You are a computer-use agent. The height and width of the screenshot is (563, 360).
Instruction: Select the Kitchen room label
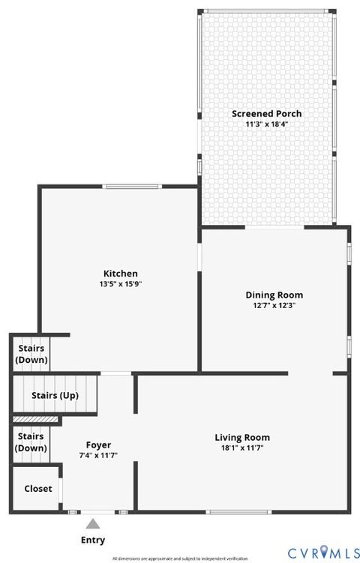[x=120, y=274]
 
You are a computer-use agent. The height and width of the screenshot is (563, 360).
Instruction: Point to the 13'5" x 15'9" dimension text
[x=120, y=284]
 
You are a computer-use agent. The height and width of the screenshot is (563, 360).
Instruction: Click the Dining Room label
[x=274, y=295]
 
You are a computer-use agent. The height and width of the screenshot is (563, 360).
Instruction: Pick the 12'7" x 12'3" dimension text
[x=274, y=305]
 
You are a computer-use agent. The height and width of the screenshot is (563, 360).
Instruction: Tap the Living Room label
[x=242, y=437]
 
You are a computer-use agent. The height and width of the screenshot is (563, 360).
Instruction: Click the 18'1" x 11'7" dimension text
[x=242, y=448]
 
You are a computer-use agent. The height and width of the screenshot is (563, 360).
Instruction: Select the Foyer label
[x=98, y=445]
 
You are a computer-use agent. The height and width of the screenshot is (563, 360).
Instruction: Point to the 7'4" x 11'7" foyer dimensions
[x=98, y=455]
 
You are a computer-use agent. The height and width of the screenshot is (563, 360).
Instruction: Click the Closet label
[x=38, y=488]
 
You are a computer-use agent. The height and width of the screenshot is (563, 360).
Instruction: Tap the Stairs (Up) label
[x=55, y=396]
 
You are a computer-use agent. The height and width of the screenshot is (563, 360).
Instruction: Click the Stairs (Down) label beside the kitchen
[x=31, y=354]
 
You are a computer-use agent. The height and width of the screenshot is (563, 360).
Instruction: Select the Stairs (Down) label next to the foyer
[x=31, y=442]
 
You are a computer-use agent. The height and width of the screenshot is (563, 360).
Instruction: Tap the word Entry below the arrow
[x=93, y=540]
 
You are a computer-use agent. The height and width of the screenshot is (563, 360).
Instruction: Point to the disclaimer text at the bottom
[x=179, y=559]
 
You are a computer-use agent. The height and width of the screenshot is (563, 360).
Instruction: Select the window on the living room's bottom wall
[x=229, y=512]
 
